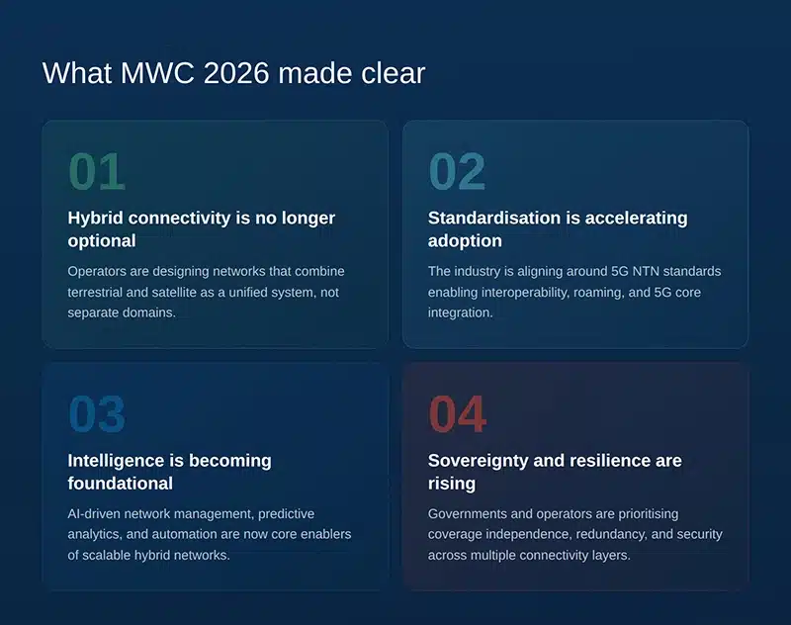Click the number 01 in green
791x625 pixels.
click(97, 172)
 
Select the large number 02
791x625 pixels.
click(457, 172)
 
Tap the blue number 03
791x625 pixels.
click(97, 414)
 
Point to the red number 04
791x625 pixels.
click(457, 414)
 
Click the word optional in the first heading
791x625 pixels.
click(102, 240)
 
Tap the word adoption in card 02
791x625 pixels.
click(465, 240)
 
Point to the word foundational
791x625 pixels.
click(120, 483)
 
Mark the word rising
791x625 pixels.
click(452, 483)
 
